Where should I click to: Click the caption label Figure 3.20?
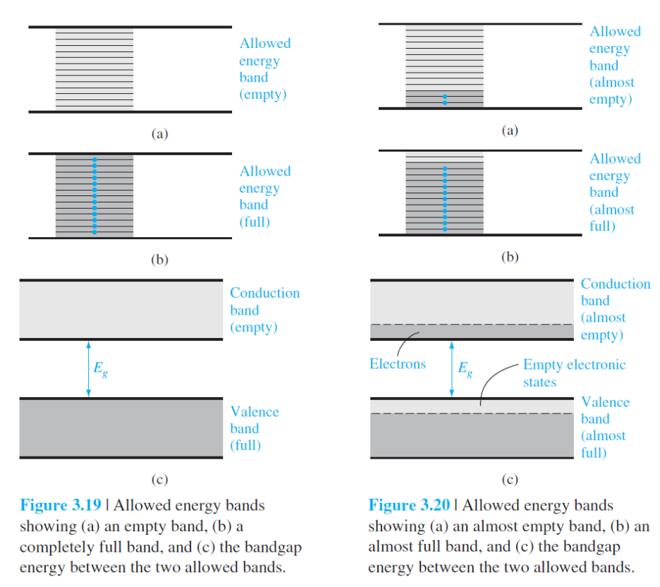click(409, 506)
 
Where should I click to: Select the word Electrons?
click(398, 364)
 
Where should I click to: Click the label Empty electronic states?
click(574, 373)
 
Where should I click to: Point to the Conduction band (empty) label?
click(264, 310)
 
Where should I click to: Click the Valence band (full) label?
click(254, 428)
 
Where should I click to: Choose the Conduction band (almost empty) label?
click(615, 309)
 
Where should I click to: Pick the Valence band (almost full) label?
click(604, 427)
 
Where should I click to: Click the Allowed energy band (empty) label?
click(264, 69)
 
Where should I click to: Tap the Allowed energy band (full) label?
click(264, 197)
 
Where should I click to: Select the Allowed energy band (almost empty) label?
click(614, 65)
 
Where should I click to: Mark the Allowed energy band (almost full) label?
click(614, 193)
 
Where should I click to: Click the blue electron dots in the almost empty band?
click(444, 99)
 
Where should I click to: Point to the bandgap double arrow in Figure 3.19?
click(88, 368)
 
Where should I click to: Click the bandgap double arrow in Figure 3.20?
click(451, 368)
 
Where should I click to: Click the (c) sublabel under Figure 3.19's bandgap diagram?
click(160, 480)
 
